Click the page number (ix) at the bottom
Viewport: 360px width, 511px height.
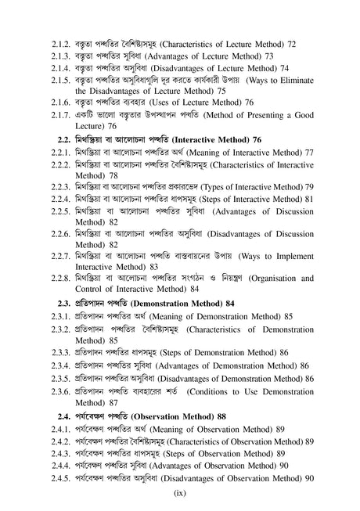[180, 494]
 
